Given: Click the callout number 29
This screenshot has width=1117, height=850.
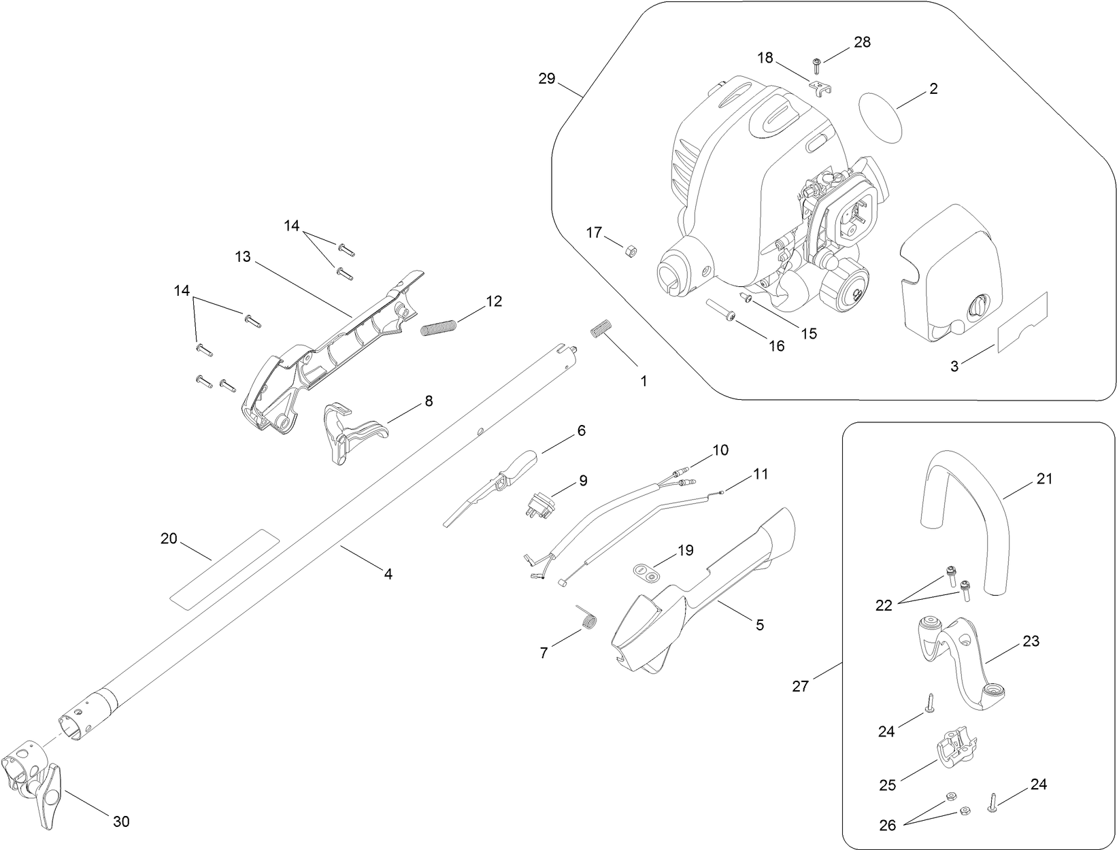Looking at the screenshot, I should tap(546, 79).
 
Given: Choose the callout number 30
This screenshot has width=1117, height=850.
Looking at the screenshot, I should tap(120, 821).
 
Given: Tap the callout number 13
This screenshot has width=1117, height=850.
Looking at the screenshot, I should tap(243, 257).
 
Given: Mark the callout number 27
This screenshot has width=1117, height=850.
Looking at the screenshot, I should tap(801, 685).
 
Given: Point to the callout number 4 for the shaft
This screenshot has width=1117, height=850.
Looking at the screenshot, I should tap(388, 574).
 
